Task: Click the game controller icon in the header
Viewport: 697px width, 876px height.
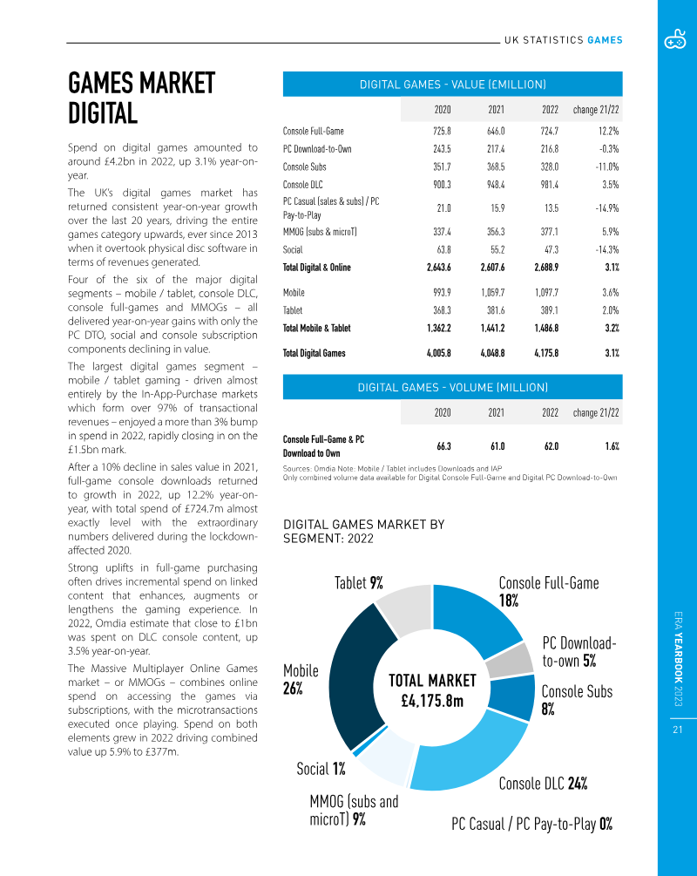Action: (675, 40)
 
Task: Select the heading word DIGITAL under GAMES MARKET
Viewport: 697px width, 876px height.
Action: (103, 113)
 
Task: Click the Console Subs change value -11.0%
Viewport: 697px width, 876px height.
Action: (603, 166)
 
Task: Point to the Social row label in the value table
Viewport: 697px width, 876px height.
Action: (293, 249)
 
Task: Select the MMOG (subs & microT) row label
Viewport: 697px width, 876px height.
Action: (320, 232)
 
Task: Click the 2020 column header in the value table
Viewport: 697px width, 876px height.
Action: (443, 110)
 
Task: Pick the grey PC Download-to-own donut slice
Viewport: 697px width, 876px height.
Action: (520, 660)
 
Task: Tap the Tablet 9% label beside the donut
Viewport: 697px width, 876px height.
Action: (358, 583)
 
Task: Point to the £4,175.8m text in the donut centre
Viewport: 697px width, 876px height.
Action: (432, 701)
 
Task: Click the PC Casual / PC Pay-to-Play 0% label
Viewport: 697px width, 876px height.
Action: (531, 824)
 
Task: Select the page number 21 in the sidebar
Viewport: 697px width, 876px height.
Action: (676, 730)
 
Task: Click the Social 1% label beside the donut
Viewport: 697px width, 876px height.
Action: (321, 769)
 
